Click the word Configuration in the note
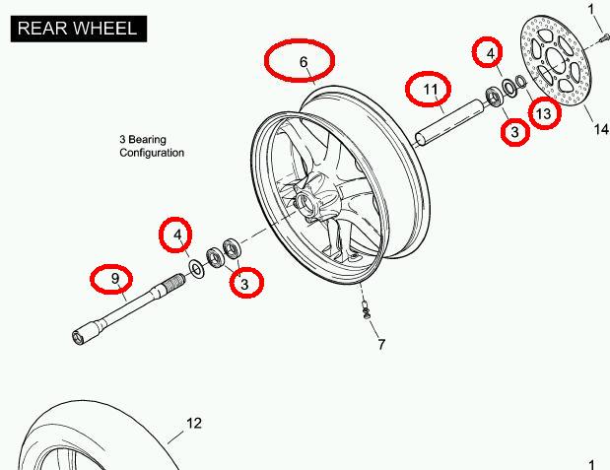coord(152,154)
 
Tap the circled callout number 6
coord(304,63)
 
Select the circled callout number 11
coord(430,90)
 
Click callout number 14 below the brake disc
coord(600,128)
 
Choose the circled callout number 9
coord(115,280)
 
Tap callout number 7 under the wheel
coord(381,344)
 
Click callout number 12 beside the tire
coord(194,424)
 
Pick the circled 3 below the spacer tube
coord(513,131)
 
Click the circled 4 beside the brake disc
coord(488,52)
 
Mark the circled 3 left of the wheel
coord(245,283)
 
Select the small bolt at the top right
coord(599,38)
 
